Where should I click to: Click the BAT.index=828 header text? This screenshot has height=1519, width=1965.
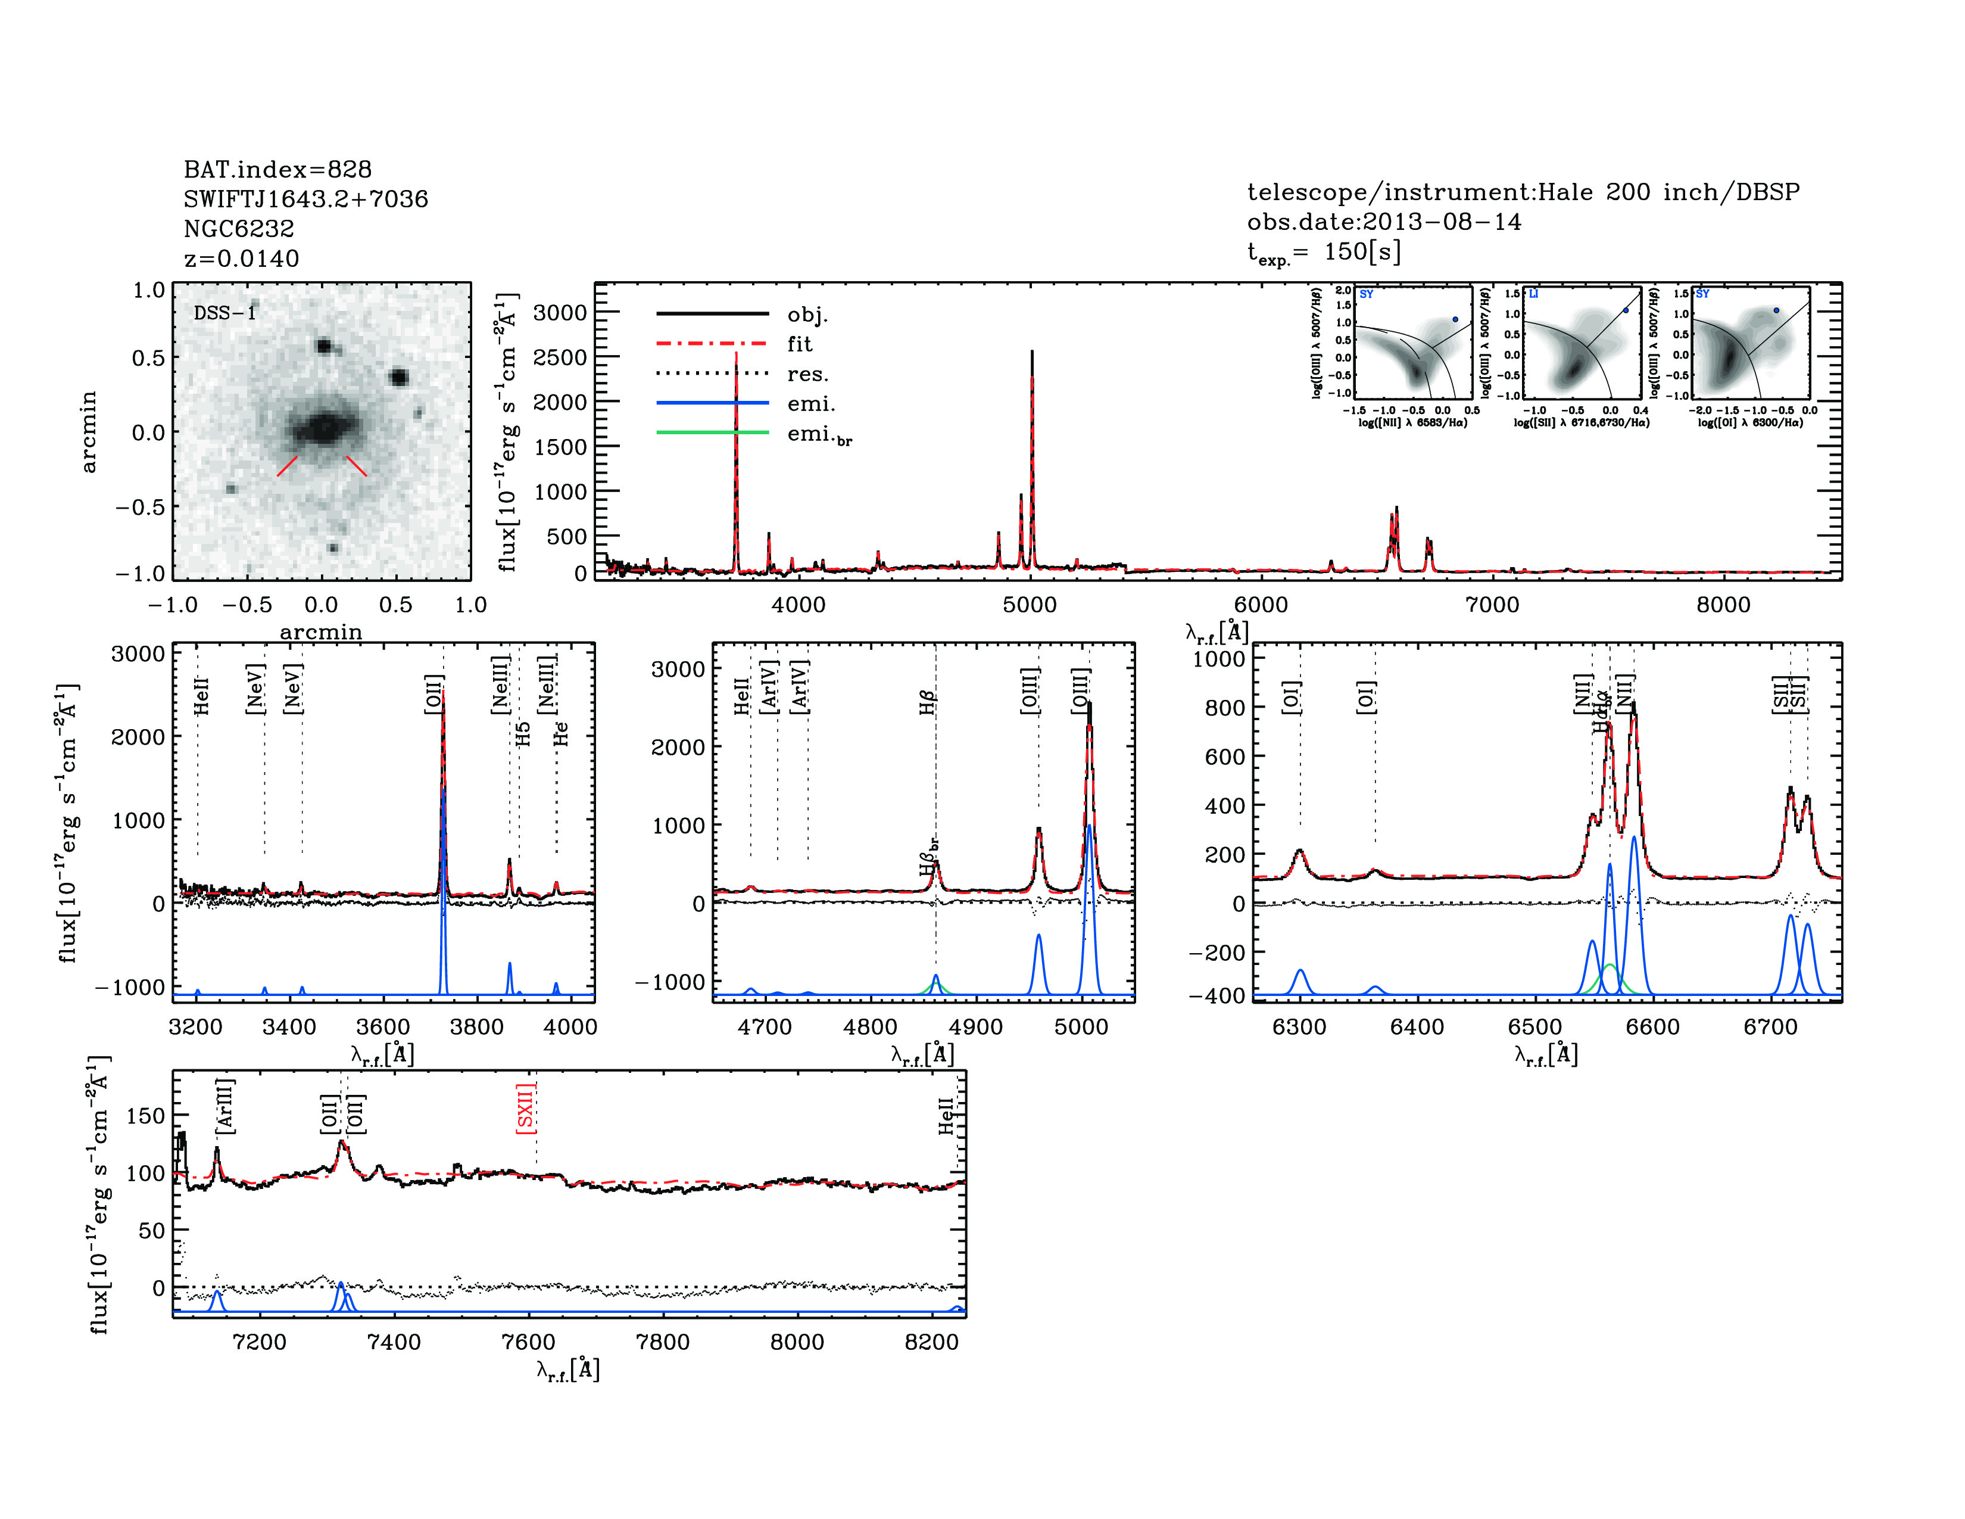(x=277, y=169)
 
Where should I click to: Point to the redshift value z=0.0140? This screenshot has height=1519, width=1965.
(x=241, y=259)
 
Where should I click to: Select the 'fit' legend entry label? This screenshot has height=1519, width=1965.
(x=799, y=344)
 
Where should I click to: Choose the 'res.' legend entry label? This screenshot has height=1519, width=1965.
(x=807, y=373)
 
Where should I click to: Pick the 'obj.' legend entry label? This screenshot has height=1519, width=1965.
(x=807, y=314)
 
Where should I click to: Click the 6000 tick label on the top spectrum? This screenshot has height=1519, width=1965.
(x=1261, y=605)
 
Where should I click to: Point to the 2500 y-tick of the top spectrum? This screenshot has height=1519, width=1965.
(x=560, y=357)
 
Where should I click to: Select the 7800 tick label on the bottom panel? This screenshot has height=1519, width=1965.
(x=662, y=1341)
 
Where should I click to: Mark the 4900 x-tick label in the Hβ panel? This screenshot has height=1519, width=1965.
(x=975, y=1027)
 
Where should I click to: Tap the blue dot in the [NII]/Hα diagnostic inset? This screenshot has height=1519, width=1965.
(x=1455, y=319)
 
